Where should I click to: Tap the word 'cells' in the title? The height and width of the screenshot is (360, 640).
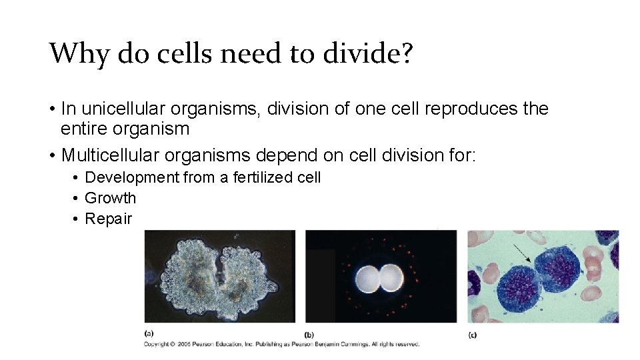186,53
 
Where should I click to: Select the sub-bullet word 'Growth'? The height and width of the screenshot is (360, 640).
110,198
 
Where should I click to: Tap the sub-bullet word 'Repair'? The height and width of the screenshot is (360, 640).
109,219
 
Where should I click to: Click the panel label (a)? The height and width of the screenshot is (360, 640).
149,333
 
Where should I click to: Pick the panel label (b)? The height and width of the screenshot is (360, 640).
309,334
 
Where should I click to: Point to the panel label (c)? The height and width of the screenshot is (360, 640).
472,334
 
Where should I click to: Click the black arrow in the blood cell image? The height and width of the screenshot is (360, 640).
522,252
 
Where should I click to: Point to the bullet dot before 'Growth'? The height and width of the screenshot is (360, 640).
77,199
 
